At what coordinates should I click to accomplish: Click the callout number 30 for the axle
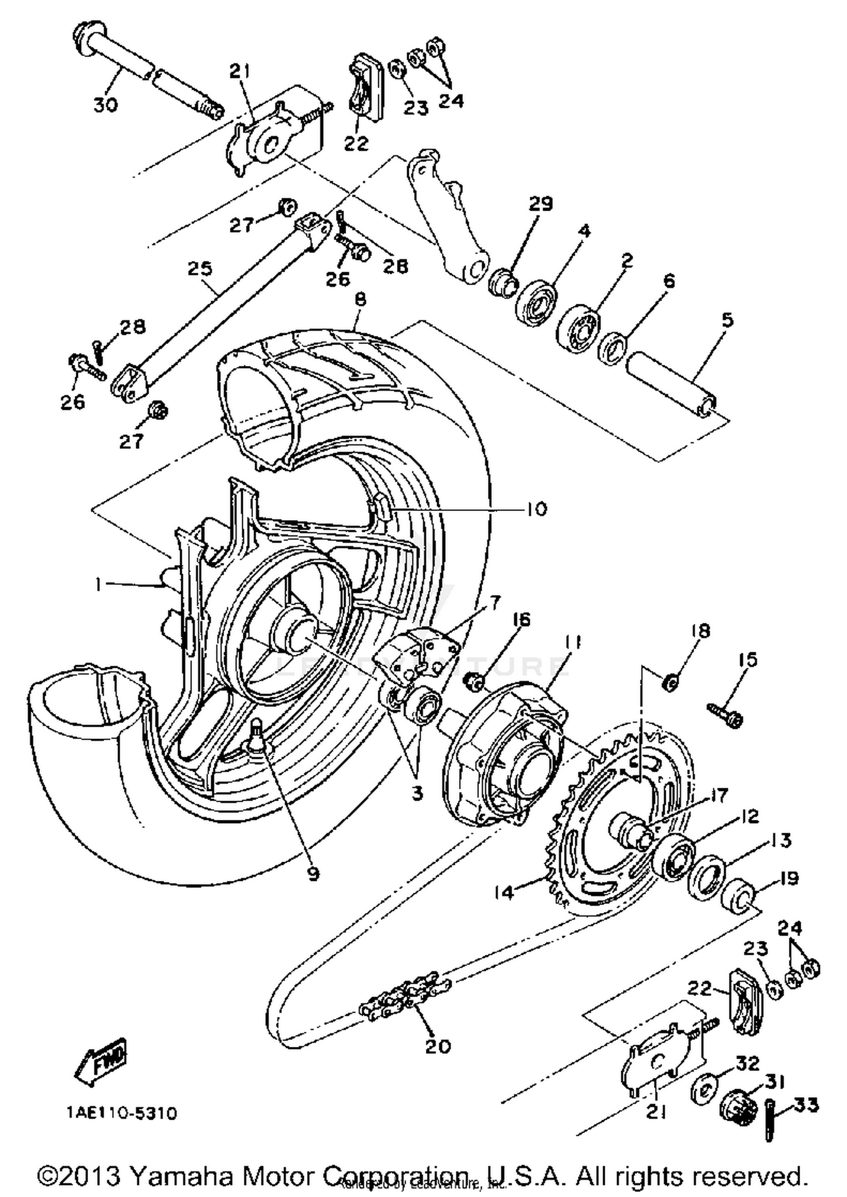coord(105,104)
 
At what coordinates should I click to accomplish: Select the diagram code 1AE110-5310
coord(121,1113)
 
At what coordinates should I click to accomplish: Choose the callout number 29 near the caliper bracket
coord(540,204)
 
